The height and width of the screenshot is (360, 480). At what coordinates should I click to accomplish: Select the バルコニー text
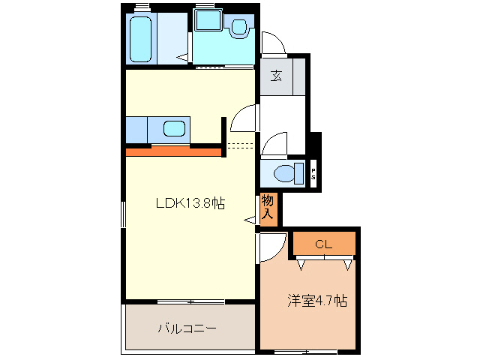coord(187,328)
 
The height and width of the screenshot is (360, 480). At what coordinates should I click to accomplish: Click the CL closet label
coord(322,244)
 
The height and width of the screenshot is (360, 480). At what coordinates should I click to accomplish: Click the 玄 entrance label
coord(276,75)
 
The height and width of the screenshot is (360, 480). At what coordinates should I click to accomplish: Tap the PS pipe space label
coord(313,175)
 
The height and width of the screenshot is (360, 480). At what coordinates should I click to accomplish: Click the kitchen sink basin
coord(174,129)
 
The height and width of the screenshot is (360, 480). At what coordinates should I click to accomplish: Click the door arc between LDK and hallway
coord(243,117)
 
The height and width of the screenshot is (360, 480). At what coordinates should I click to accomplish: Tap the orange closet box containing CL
coord(324,244)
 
